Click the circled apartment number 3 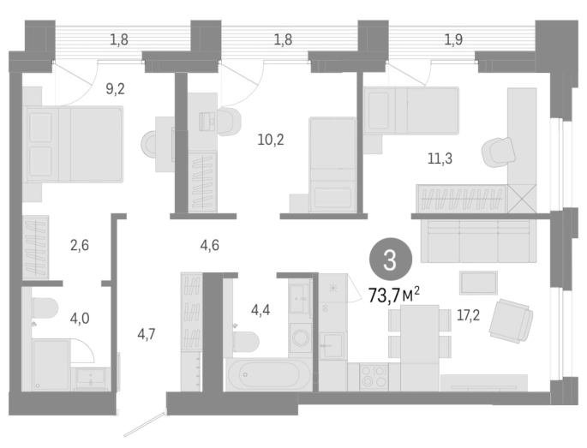[x=391, y=259]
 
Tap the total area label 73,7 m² [x=394, y=296]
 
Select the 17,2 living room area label [x=468, y=315]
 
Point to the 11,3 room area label [x=440, y=158]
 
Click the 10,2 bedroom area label [x=271, y=140]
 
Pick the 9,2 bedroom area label [x=115, y=89]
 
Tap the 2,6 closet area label [x=80, y=245]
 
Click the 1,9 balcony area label [x=453, y=39]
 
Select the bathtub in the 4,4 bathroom [x=268, y=374]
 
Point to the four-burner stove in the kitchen [x=374, y=377]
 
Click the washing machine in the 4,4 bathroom [x=300, y=337]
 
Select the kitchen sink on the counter [x=332, y=344]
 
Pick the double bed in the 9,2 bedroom [x=74, y=145]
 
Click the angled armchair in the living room [x=511, y=320]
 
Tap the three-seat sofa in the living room [x=478, y=241]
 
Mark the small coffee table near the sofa [x=478, y=283]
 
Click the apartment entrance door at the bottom [x=145, y=424]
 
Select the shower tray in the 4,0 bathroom [x=51, y=365]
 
